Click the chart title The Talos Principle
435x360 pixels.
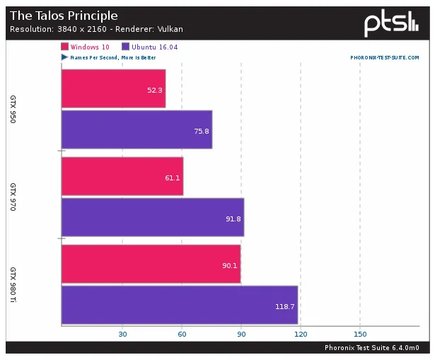coord(63,16)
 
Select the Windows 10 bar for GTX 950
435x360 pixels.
coord(113,88)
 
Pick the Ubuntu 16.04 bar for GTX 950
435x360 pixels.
coord(137,130)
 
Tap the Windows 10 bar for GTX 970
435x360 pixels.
coord(122,176)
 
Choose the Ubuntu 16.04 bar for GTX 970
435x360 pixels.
coord(153,217)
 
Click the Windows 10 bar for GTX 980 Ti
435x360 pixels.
coord(151,264)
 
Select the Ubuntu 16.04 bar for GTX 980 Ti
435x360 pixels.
coord(180,306)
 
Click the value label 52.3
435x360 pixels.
coord(155,90)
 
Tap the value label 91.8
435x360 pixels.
coord(233,219)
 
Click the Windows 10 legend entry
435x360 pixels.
coord(84,47)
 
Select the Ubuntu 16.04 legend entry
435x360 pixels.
coord(134,47)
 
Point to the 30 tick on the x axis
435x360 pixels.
coord(122,334)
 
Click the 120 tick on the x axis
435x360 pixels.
coord(301,334)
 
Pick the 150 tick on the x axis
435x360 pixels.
coord(361,334)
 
